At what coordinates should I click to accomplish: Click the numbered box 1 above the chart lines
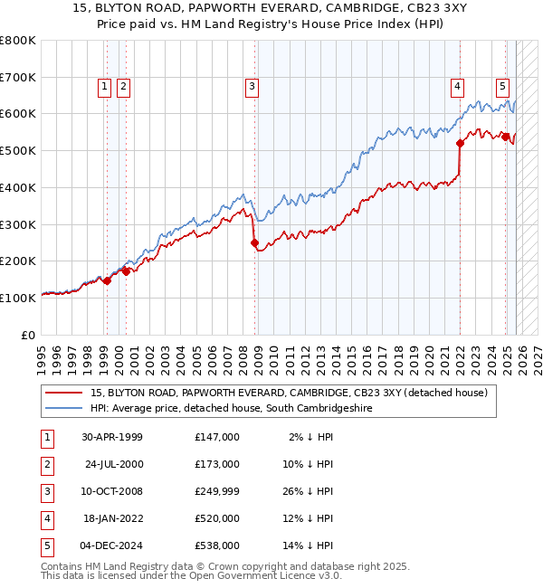point(105,87)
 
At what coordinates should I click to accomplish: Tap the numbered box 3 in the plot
point(251,87)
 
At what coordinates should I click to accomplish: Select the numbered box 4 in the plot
point(457,87)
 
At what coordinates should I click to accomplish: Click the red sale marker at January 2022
point(460,143)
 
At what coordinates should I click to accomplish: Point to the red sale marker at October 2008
point(254,242)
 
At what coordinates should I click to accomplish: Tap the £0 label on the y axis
point(28,335)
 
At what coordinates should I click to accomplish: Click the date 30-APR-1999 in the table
point(111,437)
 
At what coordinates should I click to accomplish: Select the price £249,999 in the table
point(217,491)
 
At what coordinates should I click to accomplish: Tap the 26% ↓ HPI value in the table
point(307,491)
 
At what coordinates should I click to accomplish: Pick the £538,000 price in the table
point(217,545)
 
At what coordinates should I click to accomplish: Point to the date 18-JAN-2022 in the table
point(111,518)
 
